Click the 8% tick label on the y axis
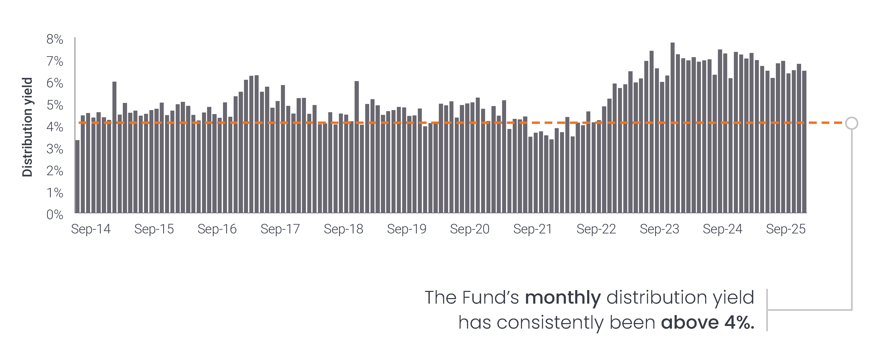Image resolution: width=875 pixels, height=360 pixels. [55, 39]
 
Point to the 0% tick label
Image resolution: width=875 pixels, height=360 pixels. [55, 215]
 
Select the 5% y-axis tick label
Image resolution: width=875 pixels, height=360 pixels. [55, 105]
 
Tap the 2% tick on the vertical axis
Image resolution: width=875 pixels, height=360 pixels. [55, 171]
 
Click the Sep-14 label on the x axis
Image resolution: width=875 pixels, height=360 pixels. [91, 229]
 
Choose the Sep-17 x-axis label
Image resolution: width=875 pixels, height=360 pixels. [280, 229]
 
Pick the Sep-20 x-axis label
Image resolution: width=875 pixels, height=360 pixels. [470, 229]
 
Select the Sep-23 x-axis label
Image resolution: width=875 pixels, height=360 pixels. [659, 229]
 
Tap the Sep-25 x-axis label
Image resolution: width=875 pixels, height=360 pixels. [786, 229]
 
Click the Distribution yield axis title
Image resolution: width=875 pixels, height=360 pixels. [27, 127]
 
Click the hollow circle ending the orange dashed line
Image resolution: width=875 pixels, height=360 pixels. [852, 123]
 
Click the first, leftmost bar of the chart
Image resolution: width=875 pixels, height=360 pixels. [77, 177]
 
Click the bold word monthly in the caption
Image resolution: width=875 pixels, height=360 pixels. [563, 298]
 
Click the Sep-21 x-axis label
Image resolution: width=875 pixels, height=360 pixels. [533, 229]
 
